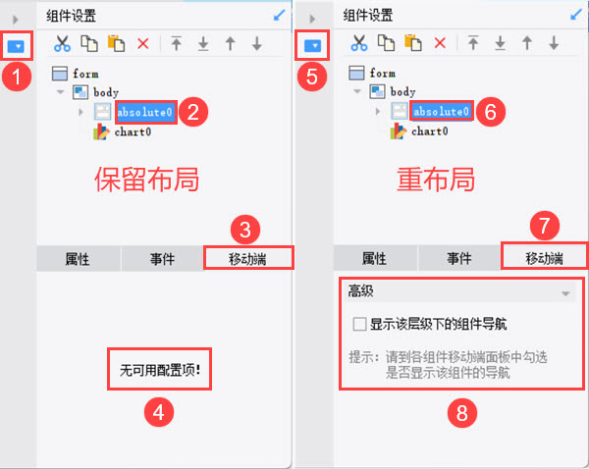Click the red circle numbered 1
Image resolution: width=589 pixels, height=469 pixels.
point(16,77)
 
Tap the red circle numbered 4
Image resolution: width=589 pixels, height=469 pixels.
point(159,412)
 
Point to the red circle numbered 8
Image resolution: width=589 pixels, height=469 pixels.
point(462,413)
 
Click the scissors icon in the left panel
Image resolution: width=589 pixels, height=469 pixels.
point(62,43)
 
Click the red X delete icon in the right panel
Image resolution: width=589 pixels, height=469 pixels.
point(440,43)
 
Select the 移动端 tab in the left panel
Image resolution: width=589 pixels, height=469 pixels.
point(247,258)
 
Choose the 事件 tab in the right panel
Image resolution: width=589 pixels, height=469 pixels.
point(460,258)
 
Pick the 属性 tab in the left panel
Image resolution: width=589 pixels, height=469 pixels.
point(78,259)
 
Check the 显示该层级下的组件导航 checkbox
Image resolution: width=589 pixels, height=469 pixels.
point(359,324)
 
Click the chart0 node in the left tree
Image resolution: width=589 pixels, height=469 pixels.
point(133,132)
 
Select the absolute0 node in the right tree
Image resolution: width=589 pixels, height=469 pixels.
point(441,111)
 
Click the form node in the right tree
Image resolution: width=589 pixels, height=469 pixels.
point(382,73)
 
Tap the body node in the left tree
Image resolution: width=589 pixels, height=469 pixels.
point(106,92)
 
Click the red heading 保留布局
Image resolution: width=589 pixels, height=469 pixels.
point(147,180)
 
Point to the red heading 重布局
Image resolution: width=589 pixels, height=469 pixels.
point(436,180)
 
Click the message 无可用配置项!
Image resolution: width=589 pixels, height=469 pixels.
point(160,370)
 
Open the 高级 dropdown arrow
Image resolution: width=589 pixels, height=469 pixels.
point(565,293)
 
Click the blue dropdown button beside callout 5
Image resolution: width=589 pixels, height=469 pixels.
point(312,46)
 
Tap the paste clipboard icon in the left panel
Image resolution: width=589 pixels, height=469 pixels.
point(116,43)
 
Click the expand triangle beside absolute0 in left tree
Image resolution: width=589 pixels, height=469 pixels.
point(80,112)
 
